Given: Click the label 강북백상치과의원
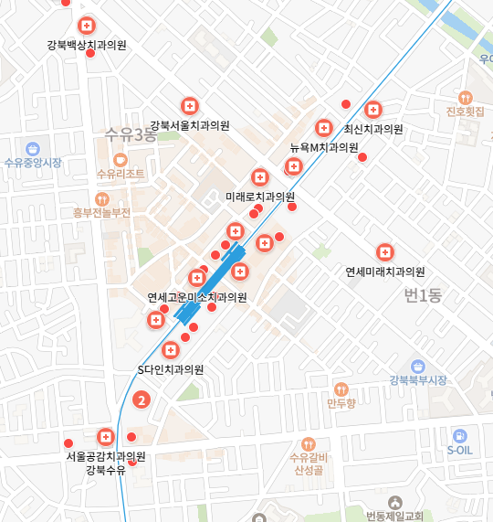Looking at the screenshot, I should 87,44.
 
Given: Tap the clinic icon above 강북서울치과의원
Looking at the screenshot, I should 190,106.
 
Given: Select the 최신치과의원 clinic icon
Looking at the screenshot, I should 372,110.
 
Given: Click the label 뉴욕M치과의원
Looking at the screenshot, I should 323,147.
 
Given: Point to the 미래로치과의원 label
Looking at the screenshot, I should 260,197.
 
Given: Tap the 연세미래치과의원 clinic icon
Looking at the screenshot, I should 385,252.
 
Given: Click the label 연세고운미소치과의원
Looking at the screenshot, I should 197,297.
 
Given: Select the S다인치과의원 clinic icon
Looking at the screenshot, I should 170,350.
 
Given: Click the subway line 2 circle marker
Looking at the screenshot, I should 141,399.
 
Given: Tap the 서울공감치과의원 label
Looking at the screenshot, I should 106,455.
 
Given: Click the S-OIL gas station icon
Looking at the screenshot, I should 460,436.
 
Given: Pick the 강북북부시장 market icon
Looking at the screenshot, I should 417,366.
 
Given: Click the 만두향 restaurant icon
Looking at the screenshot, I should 341,389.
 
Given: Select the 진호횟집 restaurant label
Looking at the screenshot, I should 465,112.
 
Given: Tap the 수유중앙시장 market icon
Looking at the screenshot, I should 33,148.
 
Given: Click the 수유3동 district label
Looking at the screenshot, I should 131,135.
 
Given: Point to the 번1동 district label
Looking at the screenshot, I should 422,295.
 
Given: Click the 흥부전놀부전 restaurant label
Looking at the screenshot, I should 102,212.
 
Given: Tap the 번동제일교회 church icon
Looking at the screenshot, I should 395,502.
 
